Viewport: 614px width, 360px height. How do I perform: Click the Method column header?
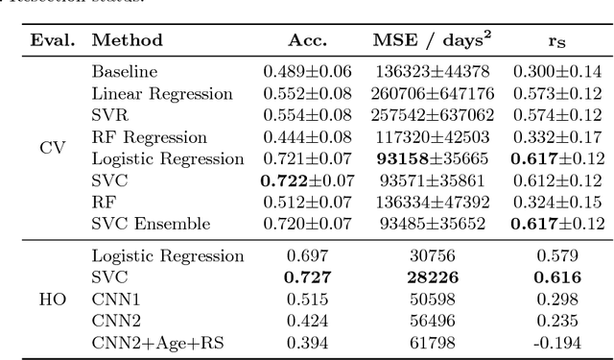(127, 40)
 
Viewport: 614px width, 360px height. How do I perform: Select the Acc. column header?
(307, 40)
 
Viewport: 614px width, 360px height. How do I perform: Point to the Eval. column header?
(53, 40)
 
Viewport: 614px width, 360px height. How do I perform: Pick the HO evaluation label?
(53, 300)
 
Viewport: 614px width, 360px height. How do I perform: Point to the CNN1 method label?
(113, 300)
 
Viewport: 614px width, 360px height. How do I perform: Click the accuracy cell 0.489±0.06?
(307, 71)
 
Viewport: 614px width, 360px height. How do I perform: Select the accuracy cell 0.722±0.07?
(307, 180)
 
